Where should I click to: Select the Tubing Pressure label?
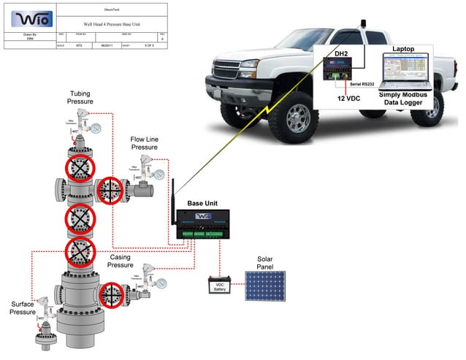pyautogui.click(x=80, y=98)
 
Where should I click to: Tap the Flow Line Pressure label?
pyautogui.click(x=145, y=143)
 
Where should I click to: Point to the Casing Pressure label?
pyautogui.click(x=121, y=261)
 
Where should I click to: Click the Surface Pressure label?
pyautogui.click(x=23, y=307)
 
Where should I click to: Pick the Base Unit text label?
pyautogui.click(x=202, y=202)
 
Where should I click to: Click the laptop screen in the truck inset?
pyautogui.click(x=404, y=72)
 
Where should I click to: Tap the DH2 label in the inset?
pyautogui.click(x=340, y=53)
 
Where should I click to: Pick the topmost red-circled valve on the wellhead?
pyautogui.click(x=78, y=168)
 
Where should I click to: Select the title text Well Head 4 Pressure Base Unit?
pyautogui.click(x=112, y=24)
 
